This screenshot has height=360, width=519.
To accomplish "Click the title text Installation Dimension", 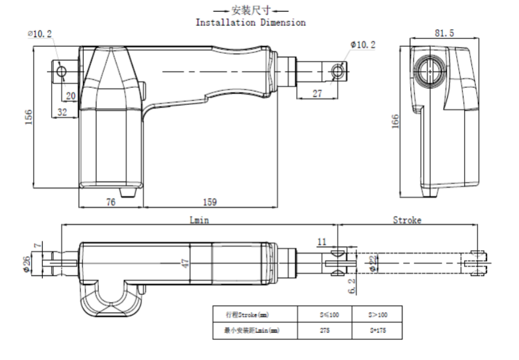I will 250,23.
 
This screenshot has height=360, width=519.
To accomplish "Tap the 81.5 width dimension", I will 444,34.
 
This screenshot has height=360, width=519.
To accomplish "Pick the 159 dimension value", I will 208,203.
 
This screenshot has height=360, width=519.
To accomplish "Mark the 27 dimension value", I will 317,93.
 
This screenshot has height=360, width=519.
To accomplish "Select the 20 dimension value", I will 70,95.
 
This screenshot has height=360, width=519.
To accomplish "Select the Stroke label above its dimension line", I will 407,220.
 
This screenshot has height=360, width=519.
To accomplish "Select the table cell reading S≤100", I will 324,314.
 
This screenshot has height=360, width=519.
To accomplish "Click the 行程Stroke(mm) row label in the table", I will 244,314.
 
